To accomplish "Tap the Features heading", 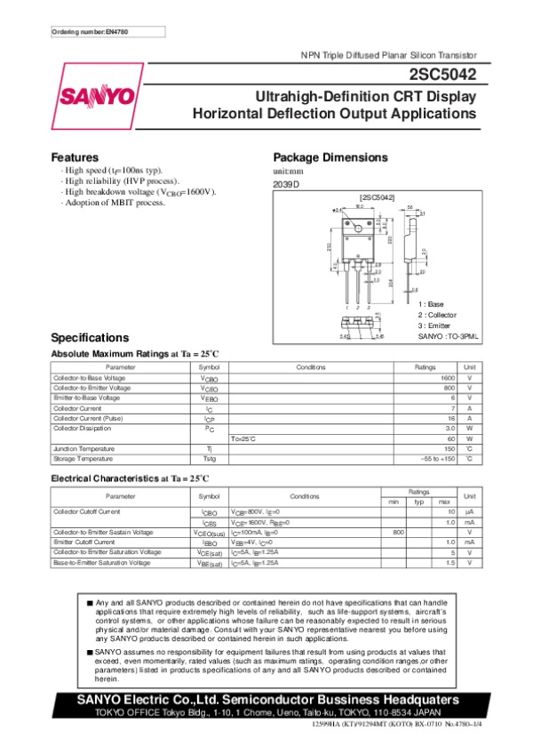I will pos(75,157).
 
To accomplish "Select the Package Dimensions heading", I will pos(330,157).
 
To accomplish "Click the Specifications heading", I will pos(90,338).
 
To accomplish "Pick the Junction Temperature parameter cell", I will pos(84,449).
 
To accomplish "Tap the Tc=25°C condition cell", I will pos(244,439).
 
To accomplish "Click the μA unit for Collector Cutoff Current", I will pos(470,512).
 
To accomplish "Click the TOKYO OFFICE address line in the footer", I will pos(266,714).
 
